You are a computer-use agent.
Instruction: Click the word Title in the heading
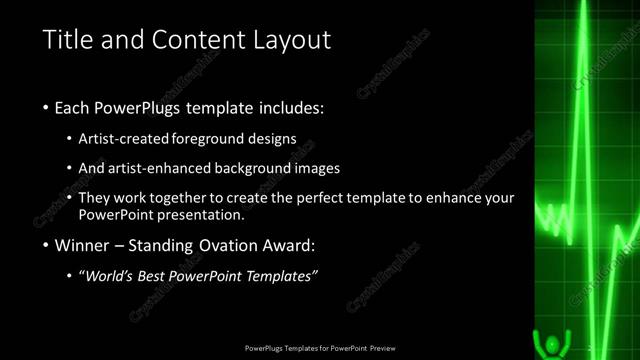[65, 40]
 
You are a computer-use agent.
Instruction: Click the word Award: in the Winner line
[298, 245]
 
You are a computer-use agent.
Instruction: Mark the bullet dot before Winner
[46, 246]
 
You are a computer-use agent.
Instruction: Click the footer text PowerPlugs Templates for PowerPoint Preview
[320, 349]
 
